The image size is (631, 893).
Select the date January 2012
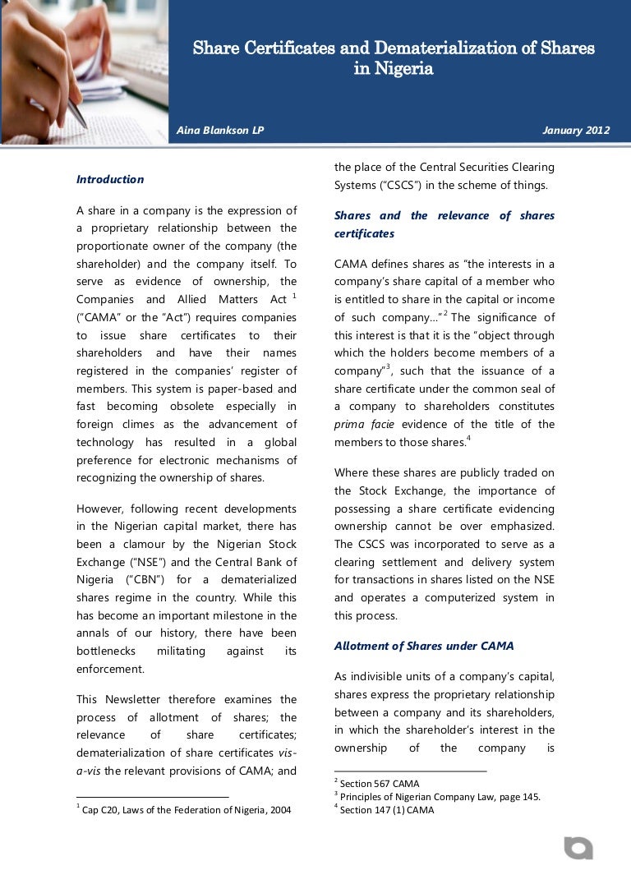click(x=576, y=131)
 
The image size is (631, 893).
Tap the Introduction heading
click(x=110, y=179)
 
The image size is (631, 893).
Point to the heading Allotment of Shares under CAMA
click(x=424, y=646)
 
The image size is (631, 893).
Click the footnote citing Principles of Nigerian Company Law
click(x=440, y=796)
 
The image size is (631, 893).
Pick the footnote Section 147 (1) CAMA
click(x=386, y=810)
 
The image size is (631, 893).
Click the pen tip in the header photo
click(x=83, y=124)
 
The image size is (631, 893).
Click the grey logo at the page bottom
click(x=578, y=848)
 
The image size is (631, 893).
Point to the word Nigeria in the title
click(x=404, y=69)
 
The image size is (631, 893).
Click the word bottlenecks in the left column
click(x=109, y=651)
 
